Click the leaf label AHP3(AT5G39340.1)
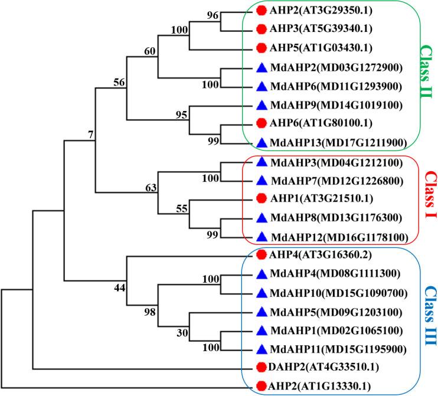click(318, 28)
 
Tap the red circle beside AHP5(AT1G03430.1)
click(262, 47)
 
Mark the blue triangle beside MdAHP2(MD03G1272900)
click(262, 67)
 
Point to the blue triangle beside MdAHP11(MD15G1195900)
click(262, 348)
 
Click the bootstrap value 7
click(90, 136)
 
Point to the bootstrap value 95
click(181, 114)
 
